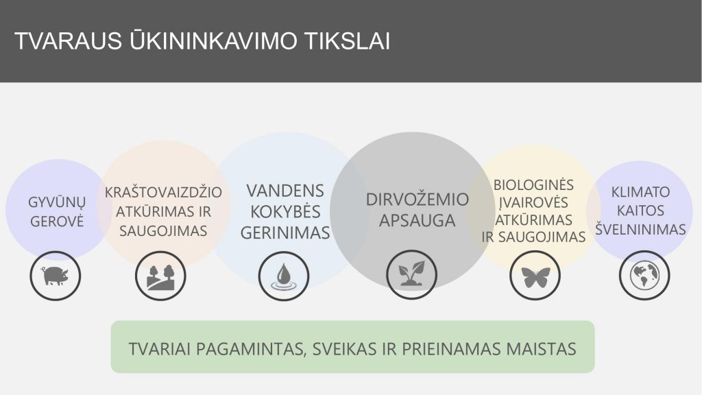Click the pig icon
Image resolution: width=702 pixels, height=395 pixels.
pyautogui.click(x=56, y=276)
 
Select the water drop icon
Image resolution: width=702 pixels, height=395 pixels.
pyautogui.click(x=284, y=276)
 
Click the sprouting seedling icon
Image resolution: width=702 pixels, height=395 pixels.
pyautogui.click(x=411, y=275)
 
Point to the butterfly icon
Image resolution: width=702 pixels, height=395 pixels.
pyautogui.click(x=535, y=276)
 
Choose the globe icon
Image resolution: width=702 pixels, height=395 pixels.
pyautogui.click(x=644, y=275)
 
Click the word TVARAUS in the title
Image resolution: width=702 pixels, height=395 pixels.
pyautogui.click(x=69, y=40)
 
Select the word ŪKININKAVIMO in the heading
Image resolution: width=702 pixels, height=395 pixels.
pyautogui.click(x=214, y=40)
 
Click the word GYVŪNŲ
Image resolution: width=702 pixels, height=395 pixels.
pyautogui.click(x=57, y=203)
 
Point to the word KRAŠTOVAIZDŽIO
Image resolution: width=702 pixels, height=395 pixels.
pyautogui.click(x=163, y=192)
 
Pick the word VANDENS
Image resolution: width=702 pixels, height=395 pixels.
pyautogui.click(x=285, y=191)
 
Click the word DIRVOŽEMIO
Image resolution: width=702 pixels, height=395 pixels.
pyautogui.click(x=417, y=200)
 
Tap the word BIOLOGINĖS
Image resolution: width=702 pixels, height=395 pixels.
pyautogui.click(x=533, y=184)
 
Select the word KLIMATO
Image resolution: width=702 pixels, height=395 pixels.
pyautogui.click(x=641, y=192)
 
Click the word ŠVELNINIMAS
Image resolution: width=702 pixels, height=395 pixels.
pyautogui.click(x=641, y=229)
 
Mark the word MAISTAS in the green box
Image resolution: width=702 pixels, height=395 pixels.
pyautogui.click(x=541, y=349)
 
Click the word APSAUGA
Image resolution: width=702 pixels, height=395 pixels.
pyautogui.click(x=417, y=221)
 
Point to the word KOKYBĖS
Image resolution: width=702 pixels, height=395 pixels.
pyautogui.click(x=285, y=211)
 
